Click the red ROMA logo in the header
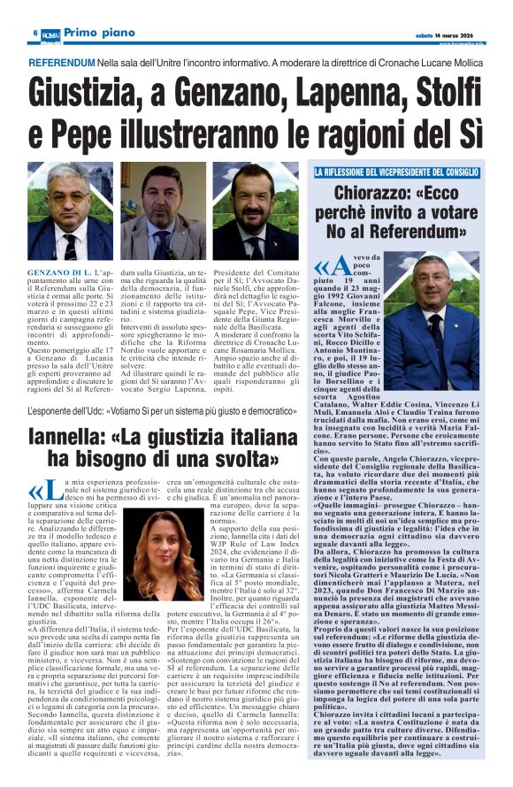(x=51, y=32)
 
